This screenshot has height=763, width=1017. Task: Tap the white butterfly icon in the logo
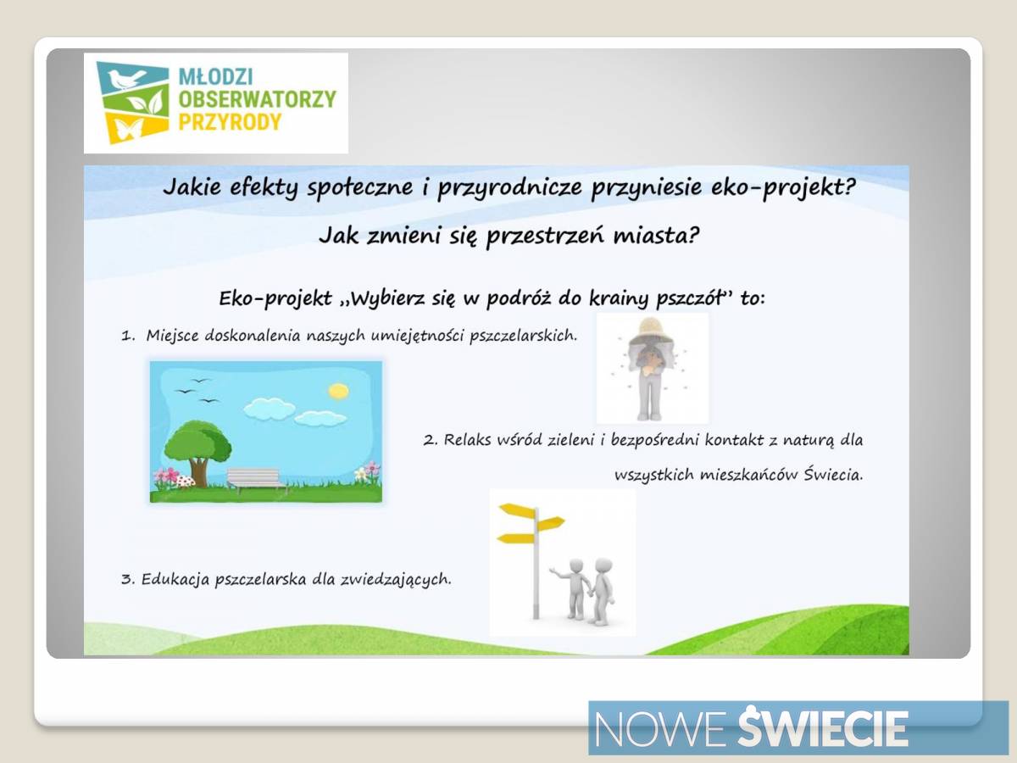pos(130,129)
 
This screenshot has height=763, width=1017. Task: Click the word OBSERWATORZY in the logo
pos(257,99)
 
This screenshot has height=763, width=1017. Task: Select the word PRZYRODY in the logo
pos(230,123)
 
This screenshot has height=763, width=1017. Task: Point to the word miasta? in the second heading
pos(656,236)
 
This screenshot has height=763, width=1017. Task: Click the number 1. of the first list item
pos(128,336)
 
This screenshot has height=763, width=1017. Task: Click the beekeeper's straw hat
pos(651,330)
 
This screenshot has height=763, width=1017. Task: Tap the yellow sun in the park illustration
pos(338,391)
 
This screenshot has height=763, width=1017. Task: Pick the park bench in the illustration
pos(254,480)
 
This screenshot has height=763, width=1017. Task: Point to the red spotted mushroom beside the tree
pos(186,481)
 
